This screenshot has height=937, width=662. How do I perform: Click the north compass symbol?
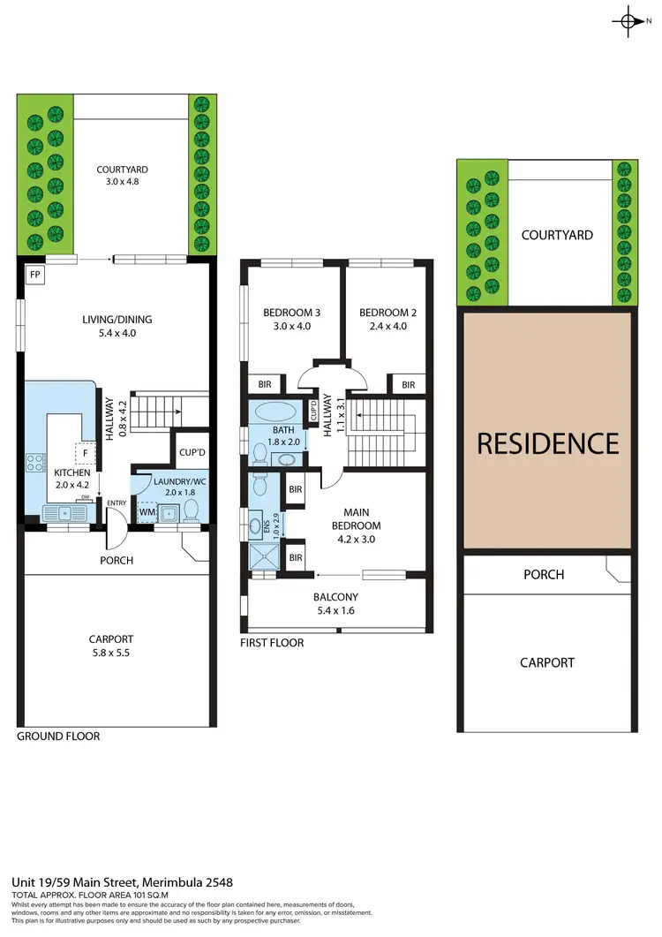628,22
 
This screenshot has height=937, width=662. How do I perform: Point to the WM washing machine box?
147,511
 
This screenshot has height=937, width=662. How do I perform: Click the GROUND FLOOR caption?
58,736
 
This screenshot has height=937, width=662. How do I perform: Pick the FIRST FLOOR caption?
272,643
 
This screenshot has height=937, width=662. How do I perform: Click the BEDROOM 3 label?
292,319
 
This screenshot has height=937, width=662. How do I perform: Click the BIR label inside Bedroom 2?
408,384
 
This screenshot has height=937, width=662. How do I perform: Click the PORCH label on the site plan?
544,575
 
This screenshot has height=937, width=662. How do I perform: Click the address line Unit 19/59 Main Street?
122,882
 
